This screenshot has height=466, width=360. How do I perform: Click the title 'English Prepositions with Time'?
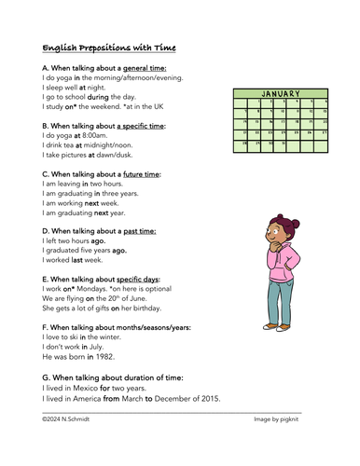point(109,48)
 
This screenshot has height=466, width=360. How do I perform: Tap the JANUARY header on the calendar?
point(281,94)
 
